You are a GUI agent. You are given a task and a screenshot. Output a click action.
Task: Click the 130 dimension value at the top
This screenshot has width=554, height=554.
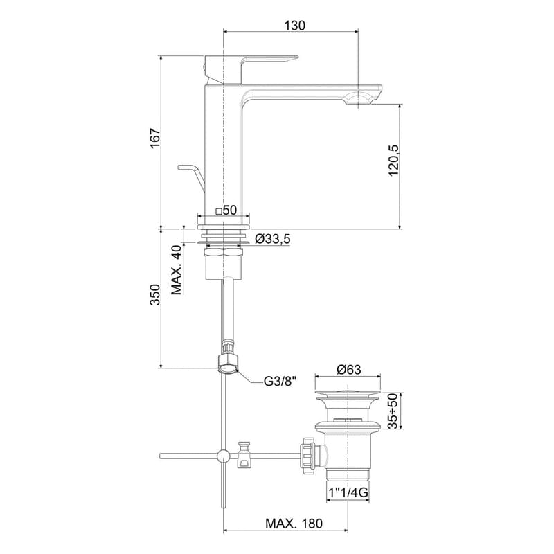click(x=294, y=25)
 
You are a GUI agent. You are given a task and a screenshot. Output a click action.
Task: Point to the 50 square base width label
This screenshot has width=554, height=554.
click(x=226, y=210)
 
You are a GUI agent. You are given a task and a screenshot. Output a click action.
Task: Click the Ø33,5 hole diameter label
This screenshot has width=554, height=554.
click(x=271, y=239)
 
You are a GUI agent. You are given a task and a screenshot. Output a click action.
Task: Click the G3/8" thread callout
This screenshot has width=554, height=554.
click(x=280, y=380)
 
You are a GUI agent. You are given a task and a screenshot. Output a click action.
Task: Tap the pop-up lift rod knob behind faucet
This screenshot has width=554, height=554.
click(x=187, y=168)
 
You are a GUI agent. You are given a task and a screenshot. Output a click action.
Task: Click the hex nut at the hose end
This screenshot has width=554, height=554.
click(x=226, y=361)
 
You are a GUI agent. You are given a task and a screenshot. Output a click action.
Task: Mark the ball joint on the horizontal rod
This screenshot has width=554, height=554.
click(x=223, y=456)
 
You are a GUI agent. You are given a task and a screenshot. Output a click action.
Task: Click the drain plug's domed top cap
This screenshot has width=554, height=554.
click(x=348, y=395)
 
